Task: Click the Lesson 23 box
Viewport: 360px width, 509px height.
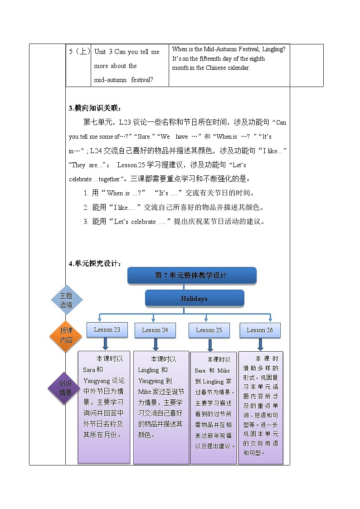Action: point(107,330)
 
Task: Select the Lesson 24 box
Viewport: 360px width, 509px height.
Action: point(155,330)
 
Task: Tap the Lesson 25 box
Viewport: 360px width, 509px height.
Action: point(209,330)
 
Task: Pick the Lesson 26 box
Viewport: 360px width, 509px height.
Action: point(260,330)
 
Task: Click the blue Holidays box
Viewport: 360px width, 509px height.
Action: point(194,299)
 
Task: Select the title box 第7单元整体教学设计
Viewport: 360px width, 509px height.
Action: point(191,276)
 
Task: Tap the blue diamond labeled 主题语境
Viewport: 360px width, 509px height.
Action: point(66,300)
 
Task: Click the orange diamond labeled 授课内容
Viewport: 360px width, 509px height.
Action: point(66,335)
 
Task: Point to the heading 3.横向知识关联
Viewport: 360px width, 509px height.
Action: point(95,108)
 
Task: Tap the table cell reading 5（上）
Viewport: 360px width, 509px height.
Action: point(79,52)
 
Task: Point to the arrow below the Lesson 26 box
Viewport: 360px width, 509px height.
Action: point(260,345)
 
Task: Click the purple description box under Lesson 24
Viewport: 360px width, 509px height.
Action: point(161,407)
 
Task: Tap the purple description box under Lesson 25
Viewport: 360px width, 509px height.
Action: point(213,407)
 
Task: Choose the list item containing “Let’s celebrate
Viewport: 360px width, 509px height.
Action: point(174,222)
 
